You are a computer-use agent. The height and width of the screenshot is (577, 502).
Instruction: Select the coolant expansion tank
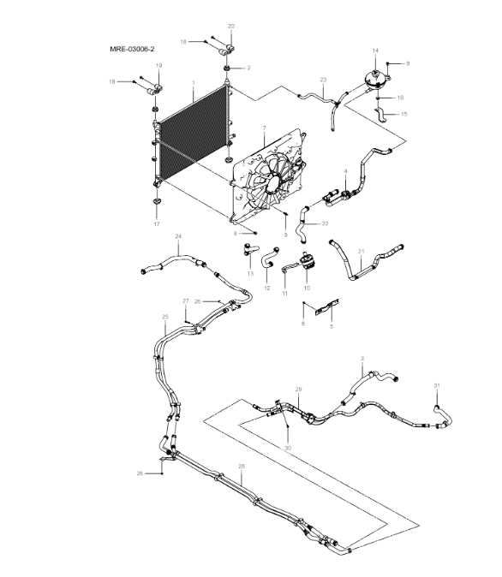pos(374,79)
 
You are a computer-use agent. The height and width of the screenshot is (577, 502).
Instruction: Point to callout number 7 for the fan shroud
pos(264,128)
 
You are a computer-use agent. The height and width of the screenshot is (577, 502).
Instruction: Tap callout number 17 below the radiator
pos(157,224)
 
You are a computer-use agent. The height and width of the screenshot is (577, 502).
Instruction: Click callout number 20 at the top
pos(230,27)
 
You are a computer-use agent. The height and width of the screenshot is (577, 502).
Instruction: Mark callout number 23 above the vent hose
pos(323,80)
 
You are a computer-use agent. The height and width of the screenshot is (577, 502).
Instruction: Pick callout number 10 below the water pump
pos(306,289)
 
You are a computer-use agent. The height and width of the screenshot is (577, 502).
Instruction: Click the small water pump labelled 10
pos(306,263)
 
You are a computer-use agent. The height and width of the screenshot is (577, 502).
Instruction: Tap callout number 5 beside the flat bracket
pos(332,326)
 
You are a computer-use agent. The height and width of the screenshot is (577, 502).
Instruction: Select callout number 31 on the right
pos(436,386)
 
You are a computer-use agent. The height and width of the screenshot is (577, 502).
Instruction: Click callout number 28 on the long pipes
pos(242,467)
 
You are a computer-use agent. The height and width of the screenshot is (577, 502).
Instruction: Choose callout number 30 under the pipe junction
pos(287,448)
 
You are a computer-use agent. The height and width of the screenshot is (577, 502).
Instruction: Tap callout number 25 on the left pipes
pos(164,317)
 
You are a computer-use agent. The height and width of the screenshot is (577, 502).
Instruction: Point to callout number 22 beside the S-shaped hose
pos(326,224)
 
